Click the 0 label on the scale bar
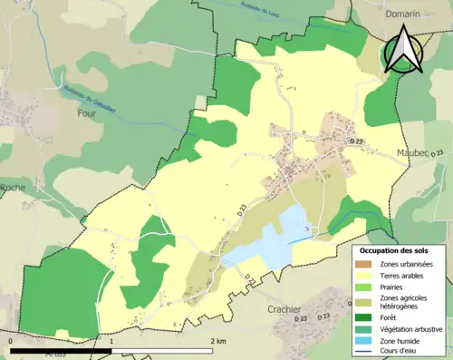click(x=9, y=342)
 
